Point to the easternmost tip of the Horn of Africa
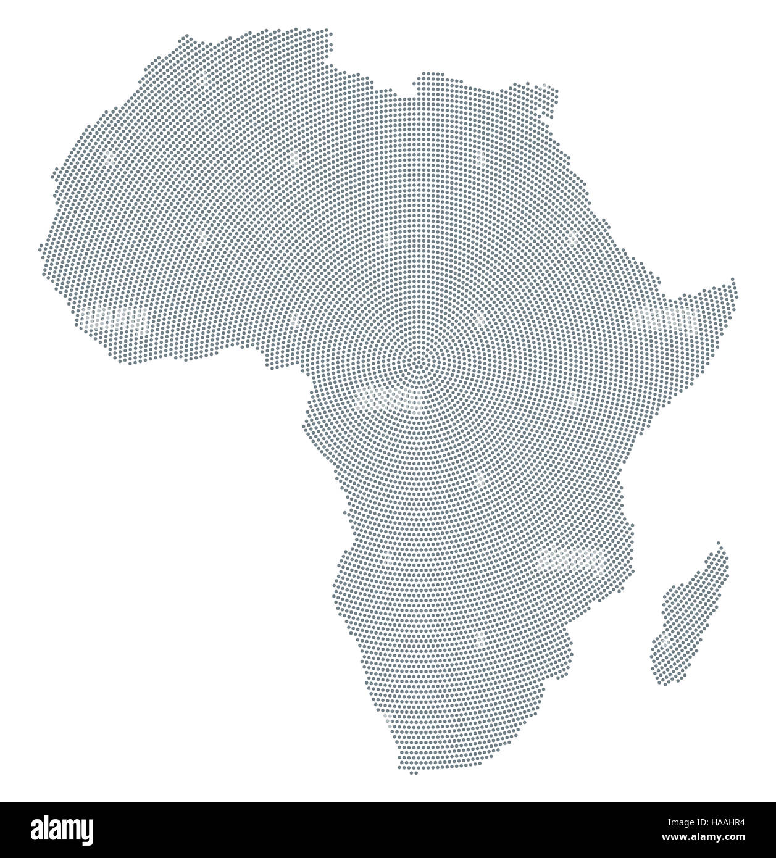tap(734, 281)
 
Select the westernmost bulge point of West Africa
tap(41, 247)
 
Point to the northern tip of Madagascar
tap(718, 543)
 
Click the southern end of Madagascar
tap(664, 682)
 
